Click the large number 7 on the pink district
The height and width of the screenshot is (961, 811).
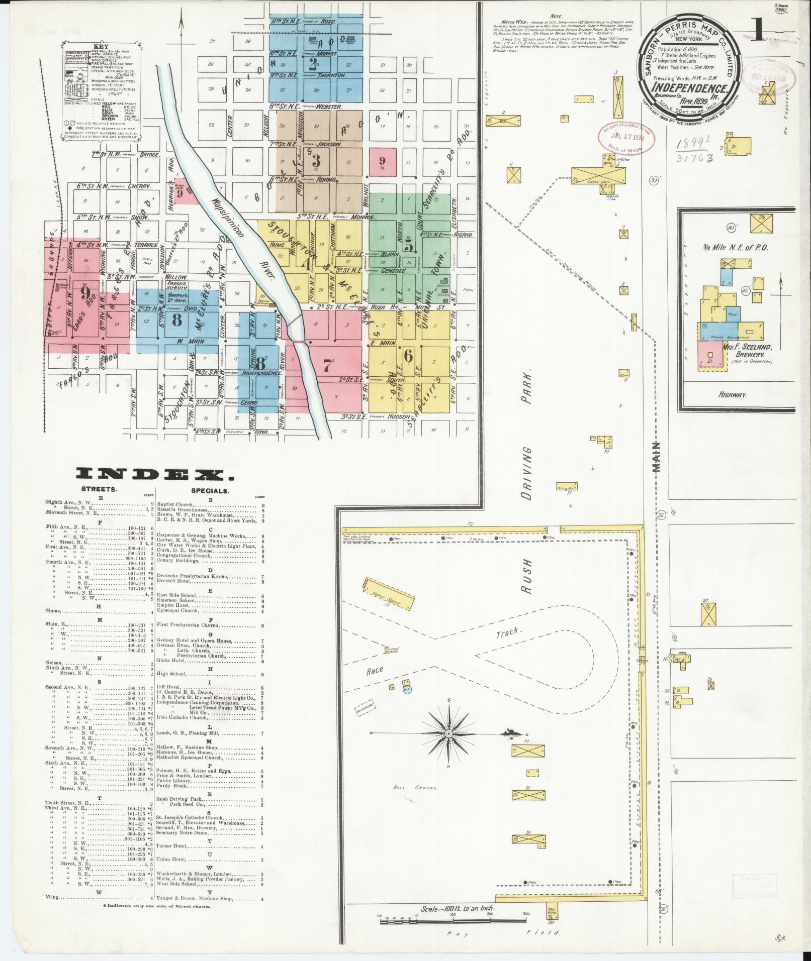coord(327,366)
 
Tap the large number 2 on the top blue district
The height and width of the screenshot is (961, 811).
coord(315,63)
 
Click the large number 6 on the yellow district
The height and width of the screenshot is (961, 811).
coord(408,355)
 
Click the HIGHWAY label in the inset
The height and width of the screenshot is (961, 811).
coord(733,394)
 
